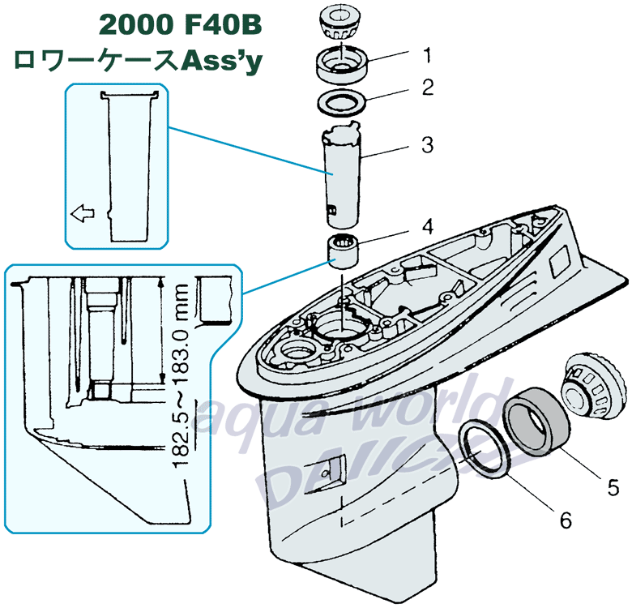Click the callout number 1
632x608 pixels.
(x=426, y=55)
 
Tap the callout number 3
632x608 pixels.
(x=427, y=146)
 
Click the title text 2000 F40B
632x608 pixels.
(x=180, y=24)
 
